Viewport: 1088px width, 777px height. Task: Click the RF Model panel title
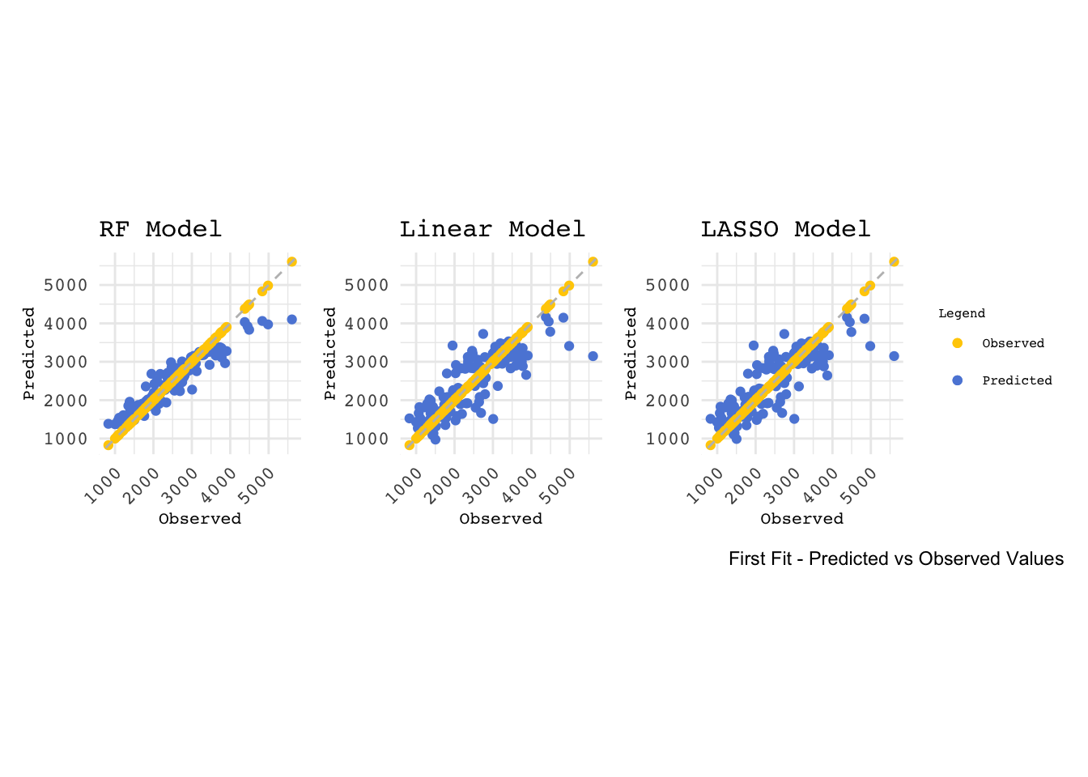pos(160,229)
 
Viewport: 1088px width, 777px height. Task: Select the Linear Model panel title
pos(492,229)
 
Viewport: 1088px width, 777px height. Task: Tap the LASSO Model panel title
pos(785,229)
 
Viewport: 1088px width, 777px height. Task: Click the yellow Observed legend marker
pos(958,343)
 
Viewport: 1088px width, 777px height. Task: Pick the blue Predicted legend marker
pos(958,380)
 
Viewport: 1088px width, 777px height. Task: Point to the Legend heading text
pos(962,313)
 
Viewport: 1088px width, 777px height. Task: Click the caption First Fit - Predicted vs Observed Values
pos(895,558)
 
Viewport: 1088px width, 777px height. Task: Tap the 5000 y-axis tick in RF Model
pos(66,285)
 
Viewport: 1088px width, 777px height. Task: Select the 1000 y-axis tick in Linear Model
pos(367,439)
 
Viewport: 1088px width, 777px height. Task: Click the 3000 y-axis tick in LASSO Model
pos(668,362)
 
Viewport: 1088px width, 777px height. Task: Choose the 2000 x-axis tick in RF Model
pos(143,485)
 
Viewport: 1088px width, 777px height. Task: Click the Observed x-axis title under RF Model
pos(200,519)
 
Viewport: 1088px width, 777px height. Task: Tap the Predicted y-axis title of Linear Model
pos(329,353)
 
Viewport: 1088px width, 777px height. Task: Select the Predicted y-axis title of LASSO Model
pos(631,353)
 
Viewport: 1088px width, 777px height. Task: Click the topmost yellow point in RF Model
pos(291,261)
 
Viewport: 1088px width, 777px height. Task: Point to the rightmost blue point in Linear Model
pos(593,356)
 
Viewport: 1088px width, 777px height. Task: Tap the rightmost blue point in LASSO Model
pos(894,356)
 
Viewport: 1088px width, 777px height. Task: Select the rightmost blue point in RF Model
pos(291,320)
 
